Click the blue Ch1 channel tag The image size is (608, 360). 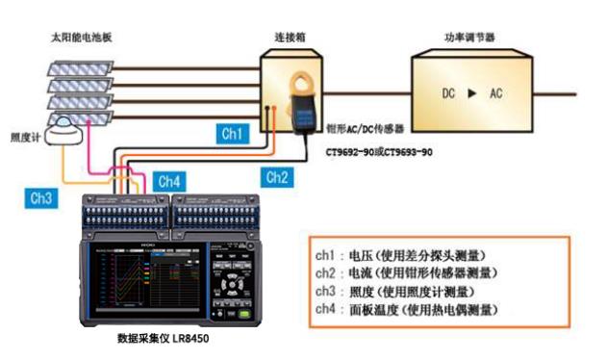click(232, 134)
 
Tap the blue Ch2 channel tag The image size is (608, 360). click(277, 178)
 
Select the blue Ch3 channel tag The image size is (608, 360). click(41, 198)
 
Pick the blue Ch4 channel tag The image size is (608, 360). click(169, 182)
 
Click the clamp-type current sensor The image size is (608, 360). click(302, 103)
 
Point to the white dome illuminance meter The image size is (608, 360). click(63, 131)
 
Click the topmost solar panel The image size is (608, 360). click(80, 68)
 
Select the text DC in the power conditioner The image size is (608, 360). click(448, 93)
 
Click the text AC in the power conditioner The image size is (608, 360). click(496, 93)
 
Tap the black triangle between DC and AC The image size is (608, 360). click(472, 93)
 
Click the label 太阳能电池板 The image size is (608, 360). click(82, 38)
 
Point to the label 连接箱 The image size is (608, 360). click(290, 38)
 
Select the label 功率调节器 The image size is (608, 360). click(469, 38)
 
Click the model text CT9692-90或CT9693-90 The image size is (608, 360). click(379, 152)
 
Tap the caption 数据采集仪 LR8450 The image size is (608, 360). click(163, 338)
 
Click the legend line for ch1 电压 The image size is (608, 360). click(400, 256)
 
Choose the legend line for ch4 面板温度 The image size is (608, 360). click(406, 310)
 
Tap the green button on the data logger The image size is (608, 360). click(244, 314)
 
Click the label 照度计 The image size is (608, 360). click(25, 138)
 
